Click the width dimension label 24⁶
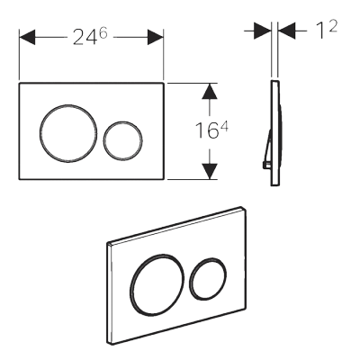tap(90, 37)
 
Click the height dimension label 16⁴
tap(211, 130)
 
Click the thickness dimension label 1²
tap(327, 29)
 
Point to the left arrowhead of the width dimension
tap(27, 37)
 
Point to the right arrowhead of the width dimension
tap(156, 37)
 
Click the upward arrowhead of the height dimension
tap(210, 91)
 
